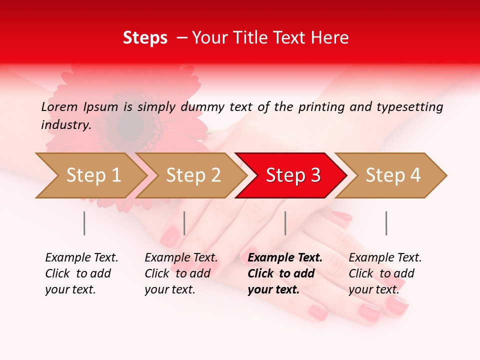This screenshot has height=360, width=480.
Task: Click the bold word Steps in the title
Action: pyautogui.click(x=145, y=38)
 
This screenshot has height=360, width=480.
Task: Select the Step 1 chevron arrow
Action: pyautogui.click(x=90, y=175)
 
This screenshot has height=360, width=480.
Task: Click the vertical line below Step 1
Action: pyautogui.click(x=84, y=223)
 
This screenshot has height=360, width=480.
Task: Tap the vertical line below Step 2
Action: pyautogui.click(x=184, y=223)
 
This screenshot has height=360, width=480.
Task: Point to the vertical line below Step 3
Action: pyautogui.click(x=285, y=223)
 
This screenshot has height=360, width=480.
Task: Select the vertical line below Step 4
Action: pyautogui.click(x=386, y=223)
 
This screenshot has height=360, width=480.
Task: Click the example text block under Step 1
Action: pyautogui.click(x=81, y=273)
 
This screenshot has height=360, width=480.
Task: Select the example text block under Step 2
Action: pyautogui.click(x=181, y=273)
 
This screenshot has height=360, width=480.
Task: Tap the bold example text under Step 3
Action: pyautogui.click(x=285, y=273)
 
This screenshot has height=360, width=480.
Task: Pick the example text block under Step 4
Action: pyautogui.click(x=385, y=273)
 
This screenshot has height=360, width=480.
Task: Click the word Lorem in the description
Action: pyautogui.click(x=59, y=106)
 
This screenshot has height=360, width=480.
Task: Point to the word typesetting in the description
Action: pyautogui.click(x=409, y=106)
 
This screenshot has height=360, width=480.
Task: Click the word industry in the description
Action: pyautogui.click(x=65, y=125)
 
